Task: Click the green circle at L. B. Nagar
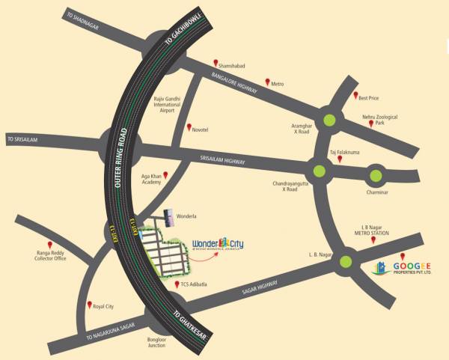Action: click(x=346, y=261)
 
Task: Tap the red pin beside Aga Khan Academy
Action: click(x=165, y=175)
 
